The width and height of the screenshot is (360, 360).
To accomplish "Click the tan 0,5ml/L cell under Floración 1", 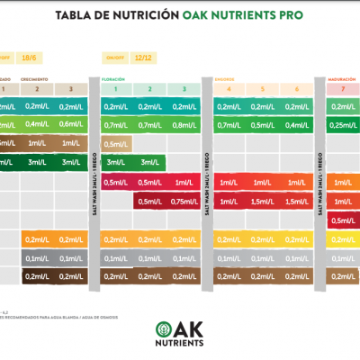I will point(117,144).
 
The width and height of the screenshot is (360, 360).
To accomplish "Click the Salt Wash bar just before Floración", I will point(94,180).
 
